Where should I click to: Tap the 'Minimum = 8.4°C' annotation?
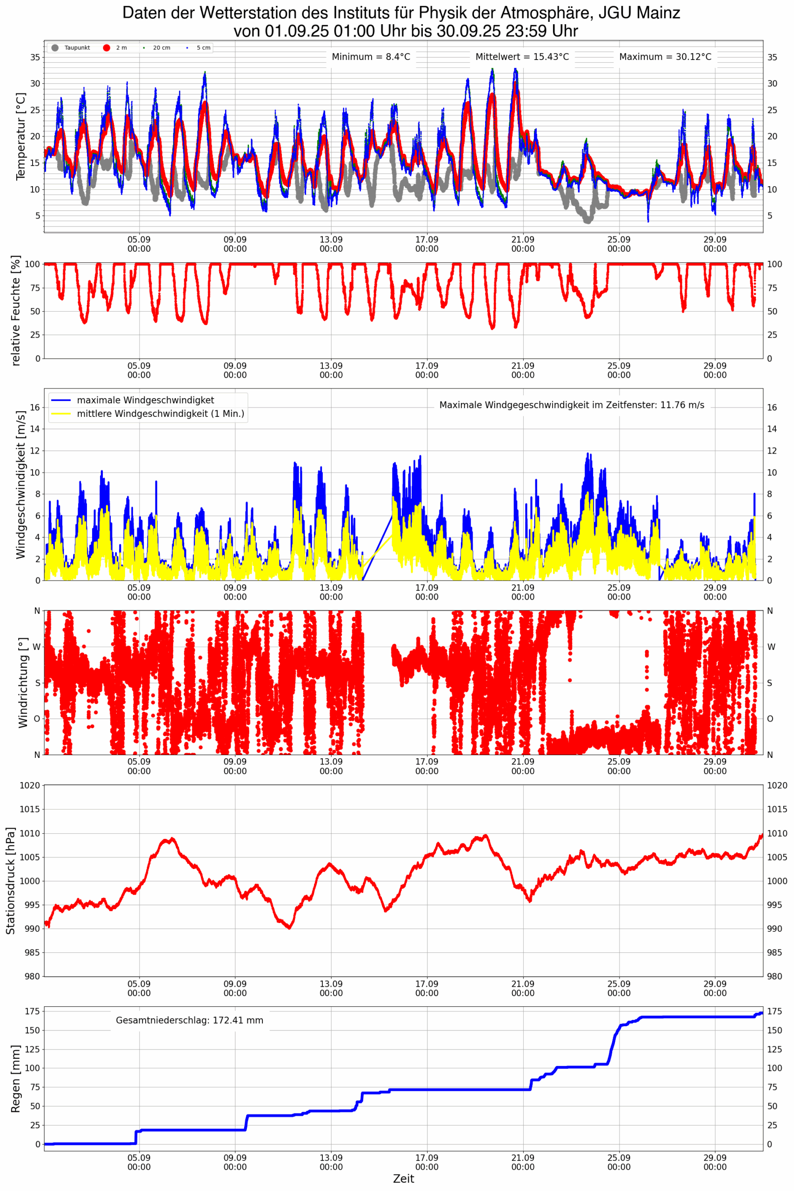[x=371, y=57]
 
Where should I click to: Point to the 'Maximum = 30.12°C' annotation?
[x=665, y=57]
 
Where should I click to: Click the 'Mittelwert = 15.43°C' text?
[x=521, y=57]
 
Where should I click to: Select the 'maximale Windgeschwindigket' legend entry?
[x=145, y=400]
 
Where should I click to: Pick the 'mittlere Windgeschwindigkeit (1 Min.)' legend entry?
[x=160, y=414]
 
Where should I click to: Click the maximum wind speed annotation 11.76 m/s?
[x=571, y=405]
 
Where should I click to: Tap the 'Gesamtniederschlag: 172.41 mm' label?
[x=189, y=1020]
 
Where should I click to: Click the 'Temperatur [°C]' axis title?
[x=20, y=136]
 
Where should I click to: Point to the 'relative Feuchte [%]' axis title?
[x=16, y=310]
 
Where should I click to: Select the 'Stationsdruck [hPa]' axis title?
[x=10, y=881]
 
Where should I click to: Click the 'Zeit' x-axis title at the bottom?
[x=403, y=1179]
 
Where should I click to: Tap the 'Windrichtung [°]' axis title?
[x=23, y=682]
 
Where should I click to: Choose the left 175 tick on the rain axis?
[x=33, y=1011]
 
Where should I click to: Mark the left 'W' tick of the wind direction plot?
[x=36, y=647]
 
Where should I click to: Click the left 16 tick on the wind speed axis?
[x=34, y=408]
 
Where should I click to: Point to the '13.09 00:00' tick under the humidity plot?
[x=331, y=370]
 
